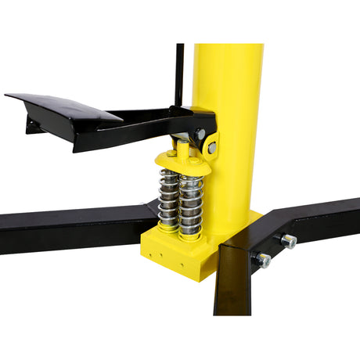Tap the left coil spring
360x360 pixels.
coord(168,200)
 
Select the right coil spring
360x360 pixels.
coord(190,203)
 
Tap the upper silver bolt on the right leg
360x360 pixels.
coord(289,241)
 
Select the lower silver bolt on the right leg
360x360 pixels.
coord(263,261)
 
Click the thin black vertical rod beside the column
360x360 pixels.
coord(179,74)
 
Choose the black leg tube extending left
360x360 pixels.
coord(70,227)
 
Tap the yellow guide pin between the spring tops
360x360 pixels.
coord(182,149)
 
